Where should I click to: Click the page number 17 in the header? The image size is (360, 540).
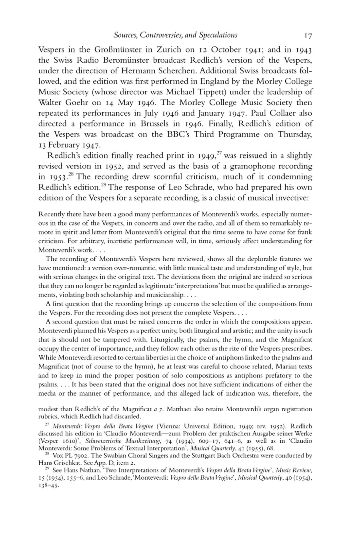click(x=308, y=36)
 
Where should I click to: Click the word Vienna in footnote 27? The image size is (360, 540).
click(x=169, y=426)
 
